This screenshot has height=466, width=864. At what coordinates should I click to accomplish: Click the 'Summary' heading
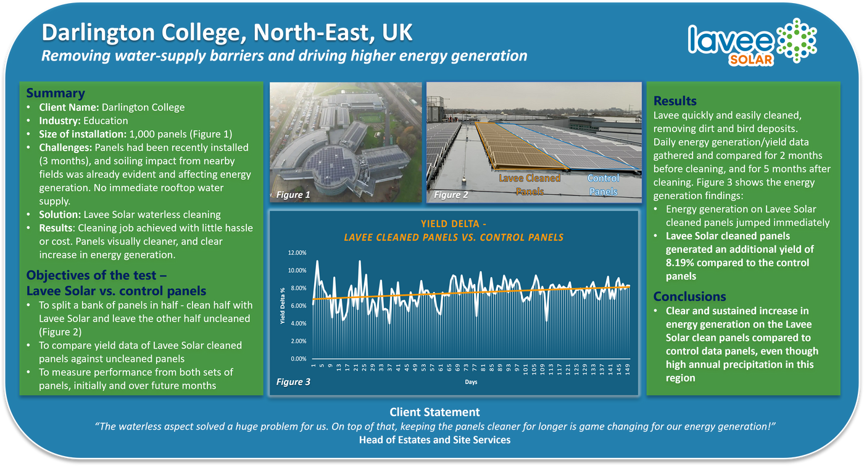point(55,93)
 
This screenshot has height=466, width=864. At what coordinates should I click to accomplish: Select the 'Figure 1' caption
point(293,195)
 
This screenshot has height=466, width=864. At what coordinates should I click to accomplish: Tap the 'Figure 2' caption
point(451,195)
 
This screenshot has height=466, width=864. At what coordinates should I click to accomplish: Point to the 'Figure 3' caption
point(293,382)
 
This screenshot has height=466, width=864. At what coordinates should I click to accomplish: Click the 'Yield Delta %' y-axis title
point(282,306)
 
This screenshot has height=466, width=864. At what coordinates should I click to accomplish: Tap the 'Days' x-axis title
point(471,382)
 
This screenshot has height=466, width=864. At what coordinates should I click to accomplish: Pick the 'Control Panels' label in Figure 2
point(603,185)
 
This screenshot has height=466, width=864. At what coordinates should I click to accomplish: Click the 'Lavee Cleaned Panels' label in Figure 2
point(529,185)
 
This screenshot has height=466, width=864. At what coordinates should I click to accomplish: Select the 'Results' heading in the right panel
point(675,101)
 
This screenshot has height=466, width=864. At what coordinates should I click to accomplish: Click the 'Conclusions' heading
point(689,296)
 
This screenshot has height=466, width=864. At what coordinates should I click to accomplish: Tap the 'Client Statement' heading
point(434,412)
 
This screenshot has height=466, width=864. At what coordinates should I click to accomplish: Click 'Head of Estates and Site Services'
point(434,440)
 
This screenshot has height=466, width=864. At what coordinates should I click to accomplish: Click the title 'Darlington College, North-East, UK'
point(228,32)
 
